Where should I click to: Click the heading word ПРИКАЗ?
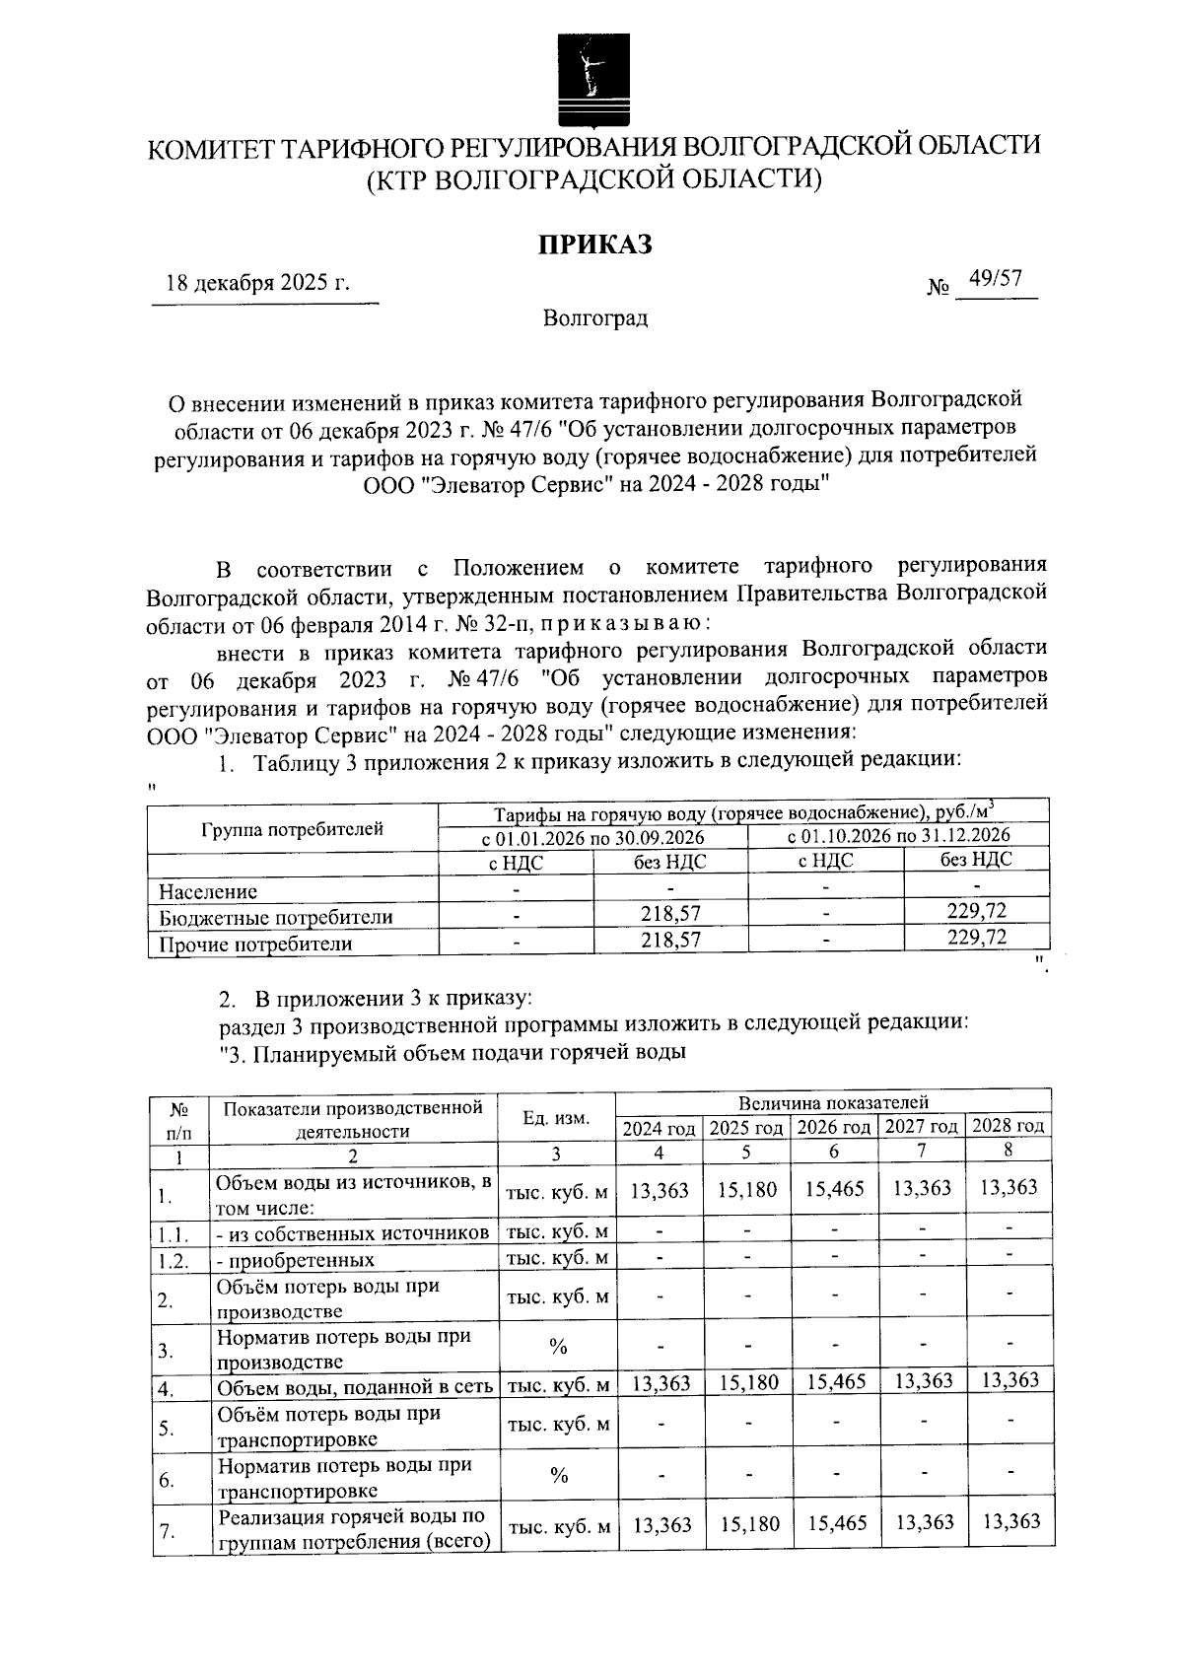coord(594,245)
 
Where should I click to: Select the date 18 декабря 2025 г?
coord(258,284)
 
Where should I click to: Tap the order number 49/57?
coord(995,279)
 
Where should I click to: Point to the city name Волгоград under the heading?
coord(594,318)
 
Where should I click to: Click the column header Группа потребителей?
coord(292,829)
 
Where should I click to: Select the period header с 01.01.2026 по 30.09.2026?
coord(592,837)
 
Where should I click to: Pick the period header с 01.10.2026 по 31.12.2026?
coord(899,835)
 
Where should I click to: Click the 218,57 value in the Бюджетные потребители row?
coord(670,914)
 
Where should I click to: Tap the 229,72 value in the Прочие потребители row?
coord(977,937)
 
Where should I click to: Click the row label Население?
coord(208,891)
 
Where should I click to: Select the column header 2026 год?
coord(833,1127)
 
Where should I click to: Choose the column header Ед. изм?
coord(556,1118)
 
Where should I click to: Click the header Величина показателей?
coord(833,1102)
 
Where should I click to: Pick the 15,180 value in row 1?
coord(747,1190)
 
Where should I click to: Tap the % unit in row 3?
coord(558,1348)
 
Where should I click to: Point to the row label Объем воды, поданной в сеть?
coord(355,1387)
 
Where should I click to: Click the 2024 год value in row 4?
coord(661,1383)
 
